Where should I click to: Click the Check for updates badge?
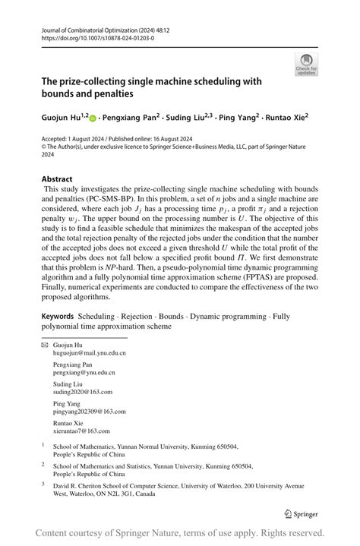306,65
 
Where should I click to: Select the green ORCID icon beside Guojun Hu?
93,118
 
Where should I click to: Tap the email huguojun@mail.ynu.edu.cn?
89,353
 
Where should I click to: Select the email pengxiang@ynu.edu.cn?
84,373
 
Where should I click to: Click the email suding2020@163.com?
82,392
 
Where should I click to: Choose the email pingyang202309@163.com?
89,412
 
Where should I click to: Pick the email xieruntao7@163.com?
81,431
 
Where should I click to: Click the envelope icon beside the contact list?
44,345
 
